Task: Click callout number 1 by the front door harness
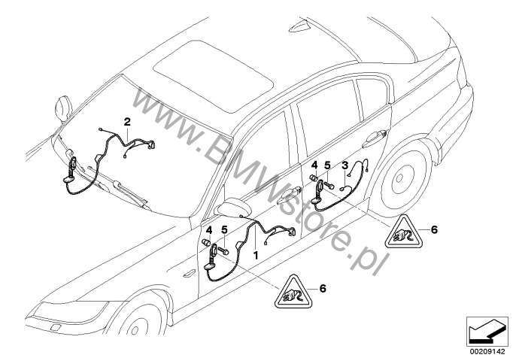click(256, 255)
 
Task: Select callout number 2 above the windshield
click(127, 122)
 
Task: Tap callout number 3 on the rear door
click(345, 165)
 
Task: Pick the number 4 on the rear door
click(315, 165)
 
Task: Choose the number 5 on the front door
click(224, 229)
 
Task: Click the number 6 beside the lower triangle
click(323, 288)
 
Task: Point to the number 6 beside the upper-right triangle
click(434, 229)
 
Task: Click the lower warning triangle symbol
click(293, 293)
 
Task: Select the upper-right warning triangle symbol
click(404, 232)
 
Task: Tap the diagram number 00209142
click(487, 351)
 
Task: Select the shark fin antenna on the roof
click(299, 26)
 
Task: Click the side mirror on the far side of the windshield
click(63, 109)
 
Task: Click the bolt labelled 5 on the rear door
click(329, 184)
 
